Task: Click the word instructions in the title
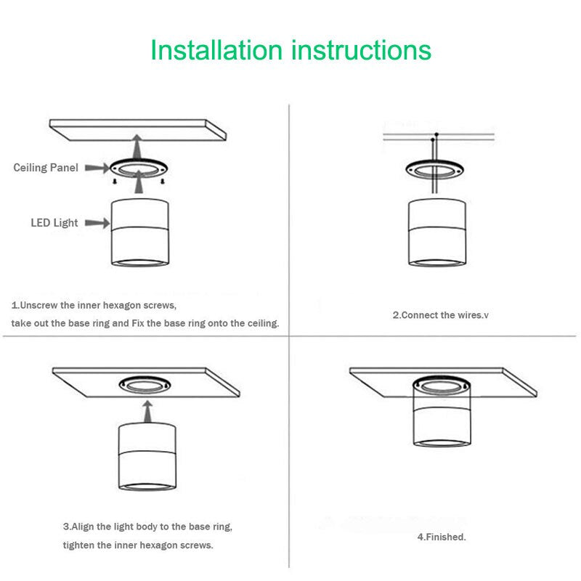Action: tap(361, 51)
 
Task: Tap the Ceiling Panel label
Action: tap(46, 168)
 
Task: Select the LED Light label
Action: tap(54, 223)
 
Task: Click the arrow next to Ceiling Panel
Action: tap(97, 168)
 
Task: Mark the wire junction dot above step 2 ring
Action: tap(436, 135)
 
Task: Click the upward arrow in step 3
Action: tap(147, 411)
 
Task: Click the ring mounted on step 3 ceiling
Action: tap(147, 385)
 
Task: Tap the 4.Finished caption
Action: tap(441, 537)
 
